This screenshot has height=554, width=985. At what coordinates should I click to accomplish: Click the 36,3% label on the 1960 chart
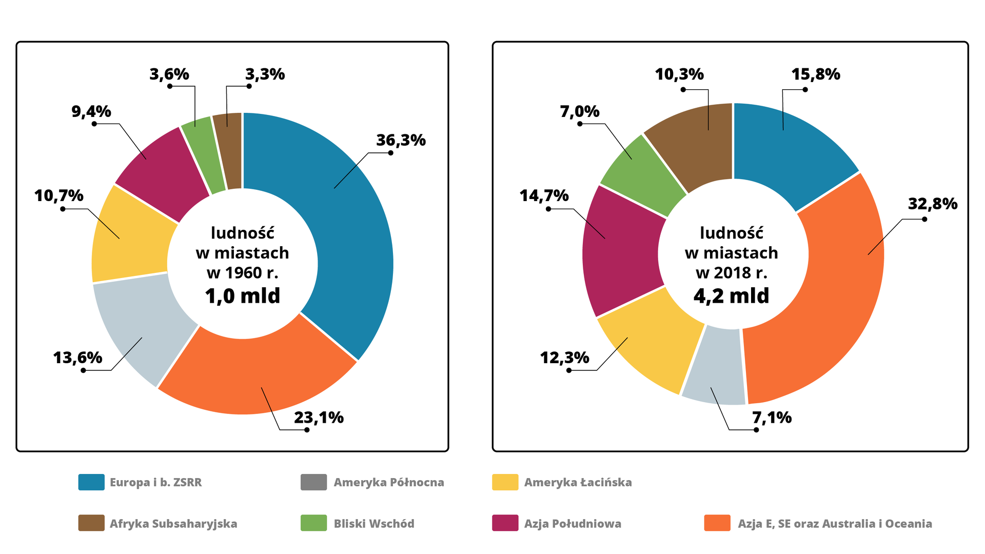click(x=401, y=140)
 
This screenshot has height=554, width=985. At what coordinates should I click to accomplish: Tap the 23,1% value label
click(x=319, y=418)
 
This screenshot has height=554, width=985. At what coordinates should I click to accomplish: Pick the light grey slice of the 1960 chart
click(x=141, y=328)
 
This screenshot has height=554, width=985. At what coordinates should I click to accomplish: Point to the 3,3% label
click(x=265, y=74)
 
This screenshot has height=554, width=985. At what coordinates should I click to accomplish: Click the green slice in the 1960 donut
click(x=203, y=154)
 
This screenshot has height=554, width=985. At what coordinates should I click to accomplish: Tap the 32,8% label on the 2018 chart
click(x=932, y=204)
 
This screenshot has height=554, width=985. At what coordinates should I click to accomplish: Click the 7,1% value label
click(x=772, y=418)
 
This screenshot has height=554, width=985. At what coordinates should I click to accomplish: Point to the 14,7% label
click(x=544, y=195)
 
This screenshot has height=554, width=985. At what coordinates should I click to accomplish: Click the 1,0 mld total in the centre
click(x=243, y=296)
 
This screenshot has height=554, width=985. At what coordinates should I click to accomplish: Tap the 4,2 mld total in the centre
click(x=731, y=296)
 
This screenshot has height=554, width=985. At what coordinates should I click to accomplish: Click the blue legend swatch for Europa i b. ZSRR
click(x=91, y=482)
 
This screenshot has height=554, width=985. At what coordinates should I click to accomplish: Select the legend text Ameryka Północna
click(x=389, y=482)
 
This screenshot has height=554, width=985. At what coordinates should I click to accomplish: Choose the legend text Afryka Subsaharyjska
click(x=173, y=524)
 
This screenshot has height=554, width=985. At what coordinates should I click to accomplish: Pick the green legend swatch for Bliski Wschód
click(x=313, y=523)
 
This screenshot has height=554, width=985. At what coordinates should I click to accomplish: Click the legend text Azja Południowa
click(x=573, y=524)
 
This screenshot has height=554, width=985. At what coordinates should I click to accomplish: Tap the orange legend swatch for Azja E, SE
click(x=717, y=523)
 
